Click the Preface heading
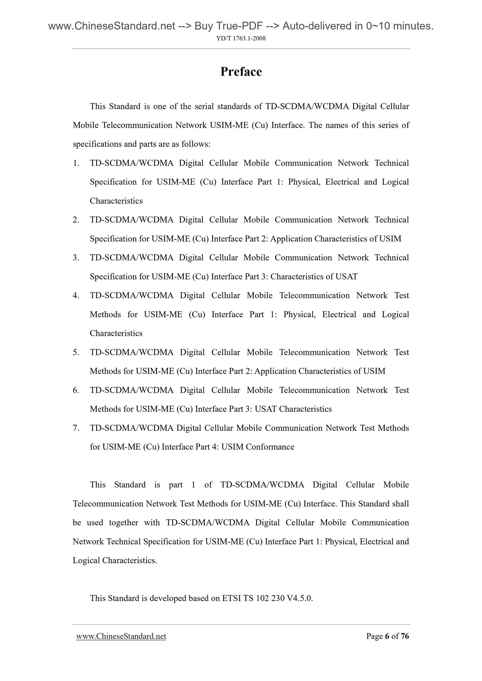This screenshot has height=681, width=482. pyautogui.click(x=241, y=72)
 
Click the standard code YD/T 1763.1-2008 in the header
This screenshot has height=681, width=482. pyautogui.click(x=241, y=38)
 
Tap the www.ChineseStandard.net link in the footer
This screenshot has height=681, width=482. pyautogui.click(x=121, y=636)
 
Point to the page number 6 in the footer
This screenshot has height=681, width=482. pyautogui.click(x=387, y=636)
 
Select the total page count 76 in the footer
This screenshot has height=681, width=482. pyautogui.click(x=405, y=636)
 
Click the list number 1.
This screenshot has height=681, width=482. pyautogui.click(x=76, y=163)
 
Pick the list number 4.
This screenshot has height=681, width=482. pyautogui.click(x=76, y=296)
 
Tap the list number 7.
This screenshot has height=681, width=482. pyautogui.click(x=76, y=428)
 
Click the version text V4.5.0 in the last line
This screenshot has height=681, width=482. pyautogui.click(x=300, y=598)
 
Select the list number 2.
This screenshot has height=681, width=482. pyautogui.click(x=76, y=220)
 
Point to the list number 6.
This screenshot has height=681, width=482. pyautogui.click(x=76, y=390)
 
